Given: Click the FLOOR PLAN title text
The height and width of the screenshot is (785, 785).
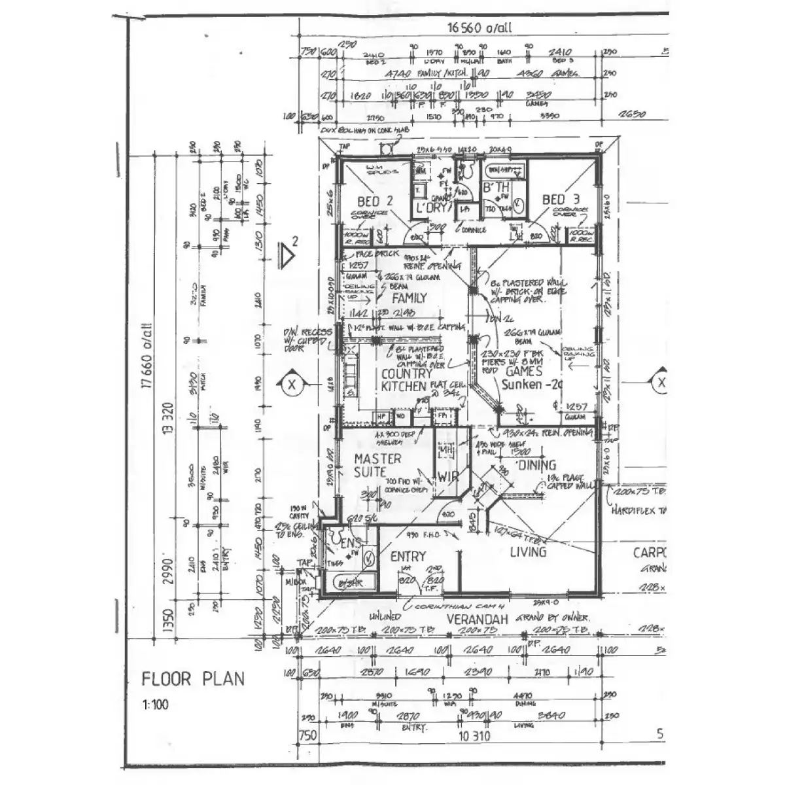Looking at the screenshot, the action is pyautogui.click(x=193, y=678).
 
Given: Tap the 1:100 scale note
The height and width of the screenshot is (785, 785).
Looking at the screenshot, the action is pyautogui.click(x=154, y=706).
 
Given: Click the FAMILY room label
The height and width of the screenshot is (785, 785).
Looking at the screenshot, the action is pyautogui.click(x=410, y=298).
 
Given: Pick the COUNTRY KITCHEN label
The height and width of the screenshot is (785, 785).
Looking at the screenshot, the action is pyautogui.click(x=406, y=380).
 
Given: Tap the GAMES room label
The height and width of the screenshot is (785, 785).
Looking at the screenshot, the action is pyautogui.click(x=525, y=370).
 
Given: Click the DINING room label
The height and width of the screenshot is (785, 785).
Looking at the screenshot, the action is pyautogui.click(x=536, y=465).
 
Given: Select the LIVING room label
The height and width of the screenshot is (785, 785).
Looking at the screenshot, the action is pyautogui.click(x=528, y=552).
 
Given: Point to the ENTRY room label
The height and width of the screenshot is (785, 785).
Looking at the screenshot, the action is pyautogui.click(x=408, y=556).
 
